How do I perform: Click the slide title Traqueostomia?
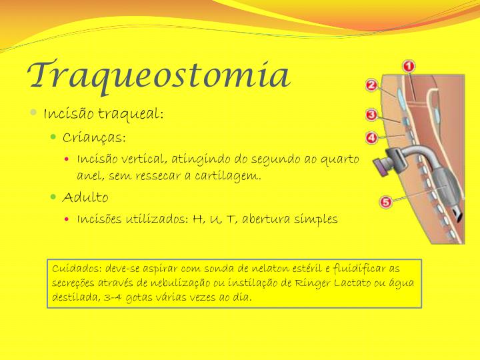pyautogui.click(x=159, y=75)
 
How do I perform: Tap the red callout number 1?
pyautogui.click(x=409, y=67)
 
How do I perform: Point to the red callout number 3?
pyautogui.click(x=373, y=115)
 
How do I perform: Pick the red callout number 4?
pyautogui.click(x=372, y=138)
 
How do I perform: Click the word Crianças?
pyautogui.click(x=94, y=137)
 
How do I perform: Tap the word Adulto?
pyautogui.click(x=85, y=197)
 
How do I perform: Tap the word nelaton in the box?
pyautogui.click(x=242, y=268)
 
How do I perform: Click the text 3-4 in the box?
pyautogui.click(x=115, y=297)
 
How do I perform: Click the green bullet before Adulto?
pyautogui.click(x=55, y=197)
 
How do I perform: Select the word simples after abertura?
pyautogui.click(x=315, y=219)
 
